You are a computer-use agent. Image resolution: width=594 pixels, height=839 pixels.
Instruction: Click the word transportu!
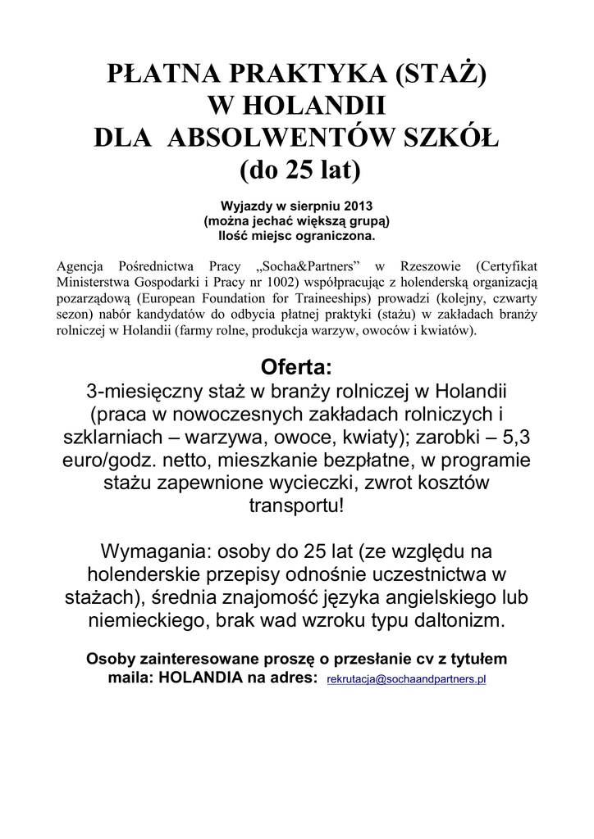click(x=297, y=503)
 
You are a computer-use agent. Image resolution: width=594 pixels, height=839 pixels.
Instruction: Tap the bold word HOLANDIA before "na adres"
click(x=203, y=678)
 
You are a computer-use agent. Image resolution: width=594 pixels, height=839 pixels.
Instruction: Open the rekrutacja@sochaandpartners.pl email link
click(x=406, y=680)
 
